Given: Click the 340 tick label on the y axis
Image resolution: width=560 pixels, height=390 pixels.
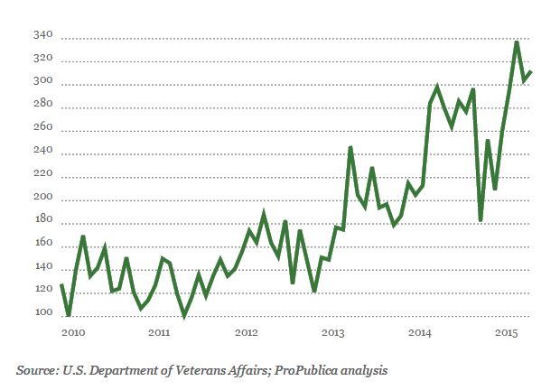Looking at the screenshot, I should [x=43, y=36].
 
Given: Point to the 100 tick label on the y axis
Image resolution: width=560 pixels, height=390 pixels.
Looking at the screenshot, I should [x=43, y=313].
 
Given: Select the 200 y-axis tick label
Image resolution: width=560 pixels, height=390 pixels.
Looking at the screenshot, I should [x=43, y=198].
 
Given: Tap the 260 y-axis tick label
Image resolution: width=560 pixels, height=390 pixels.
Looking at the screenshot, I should [x=43, y=128].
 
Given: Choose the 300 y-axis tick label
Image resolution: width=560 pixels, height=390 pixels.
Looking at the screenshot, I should [x=43, y=82].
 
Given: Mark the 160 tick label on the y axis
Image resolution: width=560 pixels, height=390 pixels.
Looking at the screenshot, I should [x=43, y=244].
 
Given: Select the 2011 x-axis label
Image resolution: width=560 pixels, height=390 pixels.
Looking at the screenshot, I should [x=159, y=333].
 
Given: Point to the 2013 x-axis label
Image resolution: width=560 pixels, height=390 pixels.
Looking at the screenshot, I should [x=333, y=333].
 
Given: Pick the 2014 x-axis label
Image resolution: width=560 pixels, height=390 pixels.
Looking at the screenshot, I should [x=420, y=333].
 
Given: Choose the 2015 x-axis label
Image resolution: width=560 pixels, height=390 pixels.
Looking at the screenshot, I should [x=507, y=333].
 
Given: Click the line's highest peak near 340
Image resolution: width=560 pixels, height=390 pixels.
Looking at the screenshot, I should [x=517, y=42].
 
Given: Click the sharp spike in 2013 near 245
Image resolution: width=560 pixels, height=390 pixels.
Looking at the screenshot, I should [x=350, y=147].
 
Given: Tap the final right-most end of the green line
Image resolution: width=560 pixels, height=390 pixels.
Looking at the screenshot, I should [x=531, y=71].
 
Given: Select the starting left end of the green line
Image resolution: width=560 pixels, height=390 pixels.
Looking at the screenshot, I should [x=61, y=284].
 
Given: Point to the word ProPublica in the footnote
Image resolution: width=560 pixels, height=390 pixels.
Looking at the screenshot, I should [x=296, y=369].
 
